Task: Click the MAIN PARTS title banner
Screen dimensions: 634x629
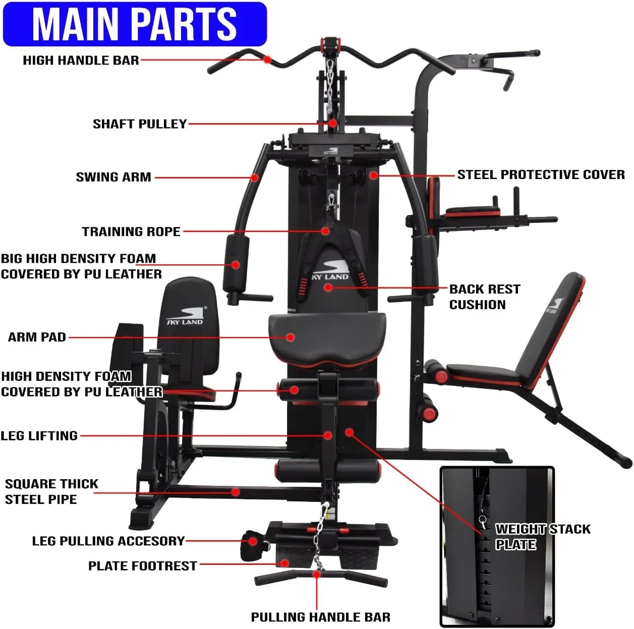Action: pos(135,24)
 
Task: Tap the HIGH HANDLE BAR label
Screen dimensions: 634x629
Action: pos(81,61)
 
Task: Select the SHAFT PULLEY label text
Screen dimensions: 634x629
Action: pos(140,124)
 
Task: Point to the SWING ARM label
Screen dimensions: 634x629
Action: pos(113,177)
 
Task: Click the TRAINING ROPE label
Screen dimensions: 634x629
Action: pos(131,232)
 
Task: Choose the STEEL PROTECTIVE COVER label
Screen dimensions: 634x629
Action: pos(541,175)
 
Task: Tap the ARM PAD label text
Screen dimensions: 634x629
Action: pos(37,337)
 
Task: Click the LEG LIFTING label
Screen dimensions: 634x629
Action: pos(39,436)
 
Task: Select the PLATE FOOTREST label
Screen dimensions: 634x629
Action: pos(143,566)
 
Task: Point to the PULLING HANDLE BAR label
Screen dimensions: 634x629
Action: pos(320,617)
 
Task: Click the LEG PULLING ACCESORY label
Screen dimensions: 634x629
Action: pos(108,541)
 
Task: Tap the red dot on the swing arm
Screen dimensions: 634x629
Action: pos(254,178)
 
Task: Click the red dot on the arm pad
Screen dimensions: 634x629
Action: pos(290,337)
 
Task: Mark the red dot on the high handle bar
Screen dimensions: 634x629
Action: pos(267,60)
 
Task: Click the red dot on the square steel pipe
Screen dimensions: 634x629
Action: pos(235,492)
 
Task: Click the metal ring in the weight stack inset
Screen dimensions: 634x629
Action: pos(483,521)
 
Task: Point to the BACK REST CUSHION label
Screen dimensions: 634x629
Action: pos(485,297)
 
